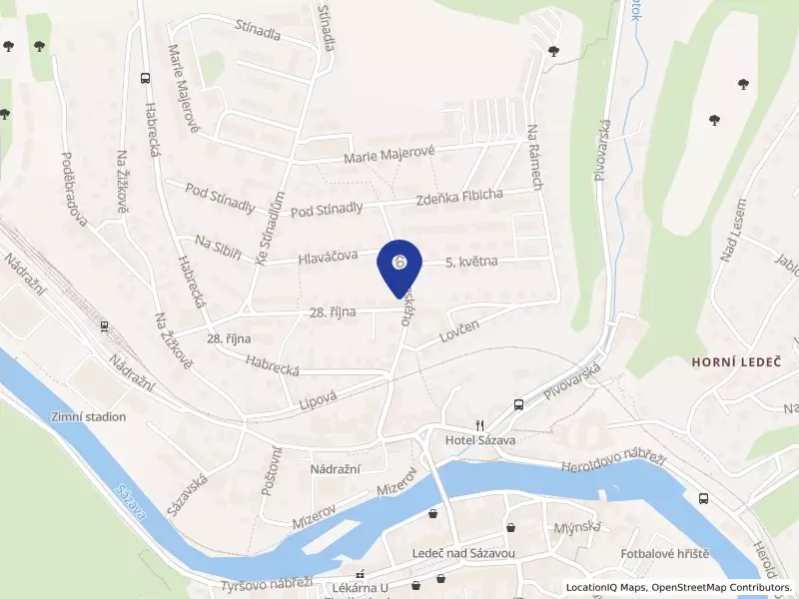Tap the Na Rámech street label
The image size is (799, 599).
pyautogui.click(x=536, y=157)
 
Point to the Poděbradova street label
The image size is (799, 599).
pyautogui.click(x=75, y=190)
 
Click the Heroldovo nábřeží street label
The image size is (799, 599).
pyautogui.click(x=613, y=461)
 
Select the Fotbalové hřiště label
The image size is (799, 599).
pyautogui.click(x=664, y=553)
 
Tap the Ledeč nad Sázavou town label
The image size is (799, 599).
pyautogui.click(x=462, y=553)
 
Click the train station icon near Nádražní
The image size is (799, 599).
pyautogui.click(x=104, y=325)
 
